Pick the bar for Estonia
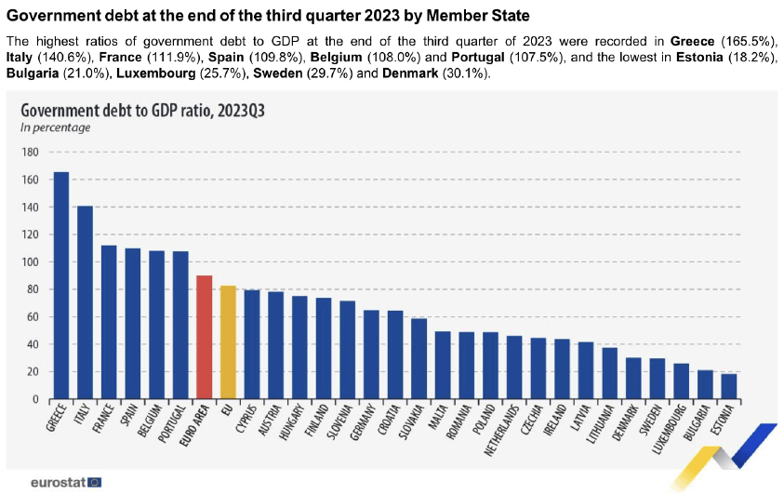coord(728,386)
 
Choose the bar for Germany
coord(370,355)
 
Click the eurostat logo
coord(65,482)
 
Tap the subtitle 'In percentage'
coord(55,127)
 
